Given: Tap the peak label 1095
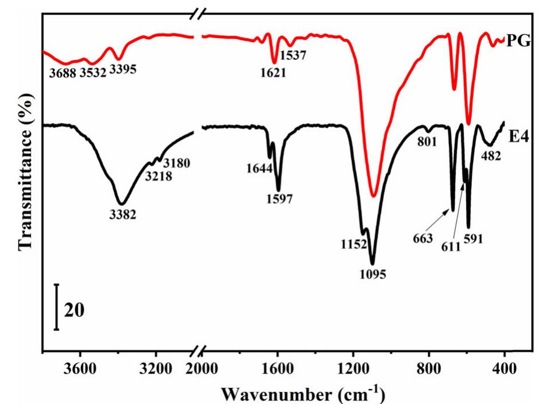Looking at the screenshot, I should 374,274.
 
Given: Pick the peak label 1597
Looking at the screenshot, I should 280,200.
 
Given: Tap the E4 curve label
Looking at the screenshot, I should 520,136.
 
